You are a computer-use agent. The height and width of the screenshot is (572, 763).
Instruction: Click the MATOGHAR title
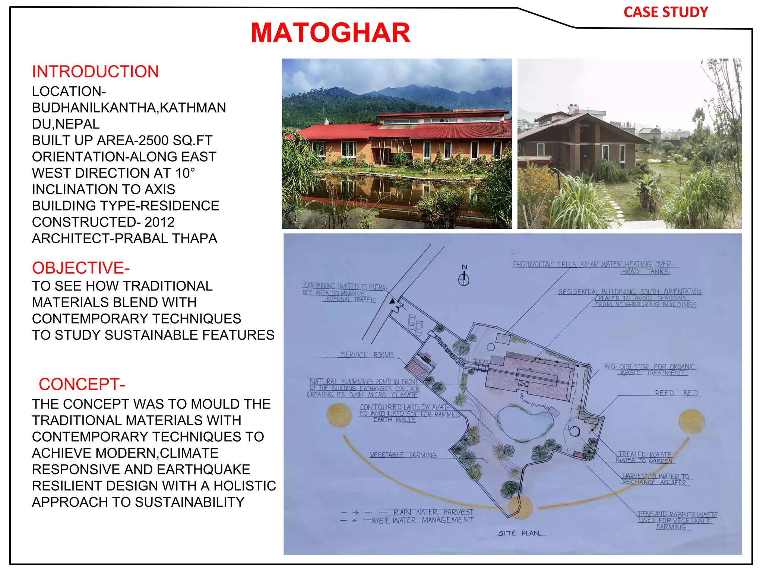pyautogui.click(x=330, y=33)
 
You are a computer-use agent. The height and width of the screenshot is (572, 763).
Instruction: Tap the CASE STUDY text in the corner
pyautogui.click(x=665, y=12)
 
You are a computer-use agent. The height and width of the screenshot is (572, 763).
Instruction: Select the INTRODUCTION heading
pyautogui.click(x=95, y=71)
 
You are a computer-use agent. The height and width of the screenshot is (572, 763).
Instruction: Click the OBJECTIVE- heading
pyautogui.click(x=80, y=268)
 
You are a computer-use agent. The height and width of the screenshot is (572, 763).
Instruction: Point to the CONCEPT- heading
pyautogui.click(x=82, y=384)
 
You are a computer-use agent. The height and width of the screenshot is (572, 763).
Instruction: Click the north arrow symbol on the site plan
pyautogui.click(x=464, y=278)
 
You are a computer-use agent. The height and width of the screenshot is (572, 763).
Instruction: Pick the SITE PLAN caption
pyautogui.click(x=519, y=533)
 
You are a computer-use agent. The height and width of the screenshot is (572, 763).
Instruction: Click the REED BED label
pyautogui.click(x=676, y=393)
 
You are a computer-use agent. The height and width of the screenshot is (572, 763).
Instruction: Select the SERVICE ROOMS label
pyautogui.click(x=367, y=355)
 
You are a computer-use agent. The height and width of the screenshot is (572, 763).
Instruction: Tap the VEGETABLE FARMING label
pyautogui.click(x=403, y=455)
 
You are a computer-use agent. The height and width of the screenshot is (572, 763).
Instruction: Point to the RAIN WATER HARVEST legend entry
pyautogui.click(x=433, y=512)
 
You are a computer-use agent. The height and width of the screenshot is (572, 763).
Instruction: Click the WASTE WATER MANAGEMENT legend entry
pyautogui.click(x=422, y=520)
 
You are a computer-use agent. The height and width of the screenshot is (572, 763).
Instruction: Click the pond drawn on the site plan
pyautogui.click(x=523, y=423)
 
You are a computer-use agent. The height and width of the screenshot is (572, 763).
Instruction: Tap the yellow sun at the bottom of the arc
pyautogui.click(x=520, y=507)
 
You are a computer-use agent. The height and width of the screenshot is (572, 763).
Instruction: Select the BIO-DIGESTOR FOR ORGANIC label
pyautogui.click(x=650, y=367)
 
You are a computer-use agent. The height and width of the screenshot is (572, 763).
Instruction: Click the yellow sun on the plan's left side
pyautogui.click(x=339, y=415)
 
